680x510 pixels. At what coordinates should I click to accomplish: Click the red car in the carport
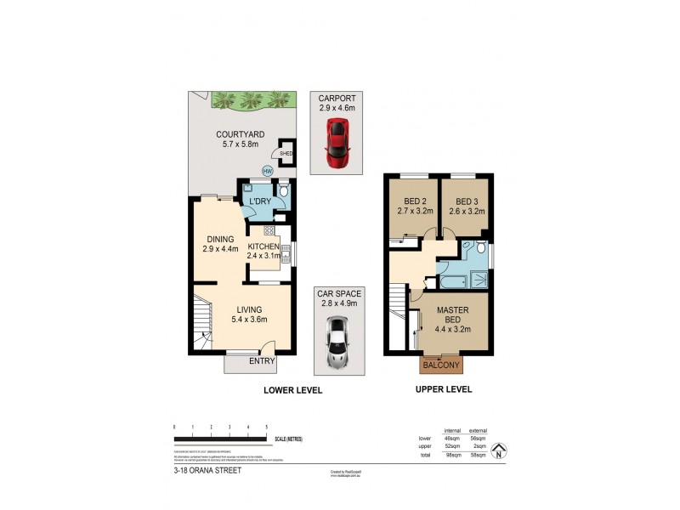337,143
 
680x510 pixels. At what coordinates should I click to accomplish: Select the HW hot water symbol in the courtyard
267,172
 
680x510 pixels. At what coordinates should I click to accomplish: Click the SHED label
286,154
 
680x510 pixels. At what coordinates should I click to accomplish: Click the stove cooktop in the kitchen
269,230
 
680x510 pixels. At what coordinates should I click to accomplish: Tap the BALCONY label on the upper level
441,365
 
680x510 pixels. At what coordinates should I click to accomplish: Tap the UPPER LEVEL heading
443,389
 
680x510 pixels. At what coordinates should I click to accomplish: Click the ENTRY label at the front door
262,361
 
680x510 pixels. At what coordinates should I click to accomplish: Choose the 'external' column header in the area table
477,431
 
